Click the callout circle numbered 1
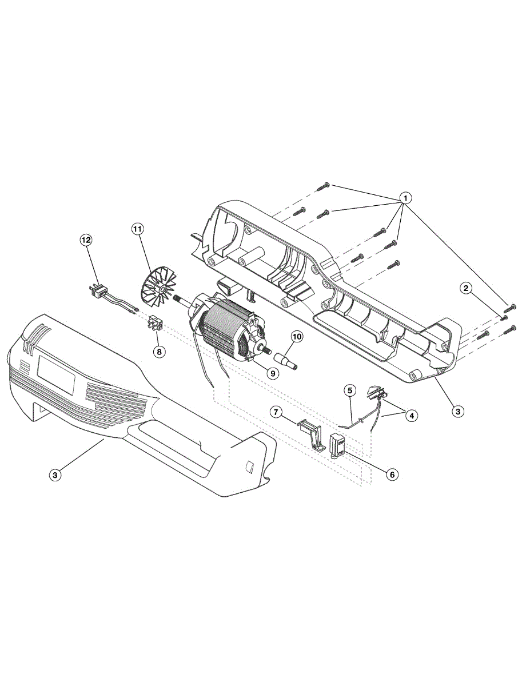pos(405,198)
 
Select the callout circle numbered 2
pos(467,288)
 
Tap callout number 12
pos(86,241)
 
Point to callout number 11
pos(137,229)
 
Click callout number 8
pos(160,351)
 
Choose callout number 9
pos(272,373)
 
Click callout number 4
pos(411,416)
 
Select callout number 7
pos(276,412)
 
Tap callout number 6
pos(391,474)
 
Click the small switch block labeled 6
pos(337,444)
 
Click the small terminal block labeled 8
pos(156,325)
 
